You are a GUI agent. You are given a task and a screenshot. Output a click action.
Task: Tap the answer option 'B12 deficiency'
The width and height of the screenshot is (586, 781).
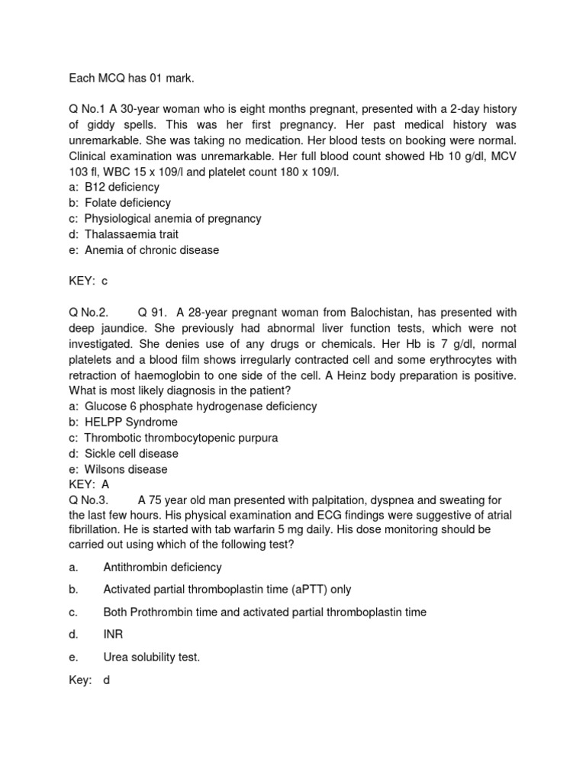[x=122, y=187]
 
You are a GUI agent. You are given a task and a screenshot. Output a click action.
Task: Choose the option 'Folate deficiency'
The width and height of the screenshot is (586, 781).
[x=127, y=203]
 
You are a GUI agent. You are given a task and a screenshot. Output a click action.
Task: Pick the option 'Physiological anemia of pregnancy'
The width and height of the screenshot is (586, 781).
[x=172, y=219]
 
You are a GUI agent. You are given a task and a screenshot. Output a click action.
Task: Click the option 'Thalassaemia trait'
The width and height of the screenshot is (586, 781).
[x=131, y=235]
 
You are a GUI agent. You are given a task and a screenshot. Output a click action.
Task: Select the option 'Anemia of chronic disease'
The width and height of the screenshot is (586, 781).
[x=152, y=250]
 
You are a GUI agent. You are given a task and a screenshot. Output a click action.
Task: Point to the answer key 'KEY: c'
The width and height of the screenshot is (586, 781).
[x=89, y=281]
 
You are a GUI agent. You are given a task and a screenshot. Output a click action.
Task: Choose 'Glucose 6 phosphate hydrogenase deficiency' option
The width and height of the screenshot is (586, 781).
[x=200, y=407]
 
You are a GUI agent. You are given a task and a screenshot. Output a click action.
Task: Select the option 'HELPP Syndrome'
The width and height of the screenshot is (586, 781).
[x=130, y=423]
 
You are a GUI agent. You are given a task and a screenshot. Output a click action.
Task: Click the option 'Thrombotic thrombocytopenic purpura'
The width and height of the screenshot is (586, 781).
[x=181, y=438]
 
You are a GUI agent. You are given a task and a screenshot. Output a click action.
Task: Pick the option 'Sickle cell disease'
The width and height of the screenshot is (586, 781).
[x=131, y=454]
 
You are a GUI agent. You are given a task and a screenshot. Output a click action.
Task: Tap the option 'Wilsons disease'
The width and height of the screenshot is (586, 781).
[x=126, y=470]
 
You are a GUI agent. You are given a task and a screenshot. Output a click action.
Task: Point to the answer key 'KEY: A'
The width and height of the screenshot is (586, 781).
[x=89, y=485]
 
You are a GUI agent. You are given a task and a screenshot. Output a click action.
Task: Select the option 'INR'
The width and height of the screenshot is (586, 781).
[x=113, y=634]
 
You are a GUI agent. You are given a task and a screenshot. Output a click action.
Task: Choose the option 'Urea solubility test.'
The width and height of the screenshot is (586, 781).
[x=151, y=657]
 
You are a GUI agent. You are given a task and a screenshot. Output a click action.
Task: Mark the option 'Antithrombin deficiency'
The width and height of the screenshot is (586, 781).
[x=163, y=567]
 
